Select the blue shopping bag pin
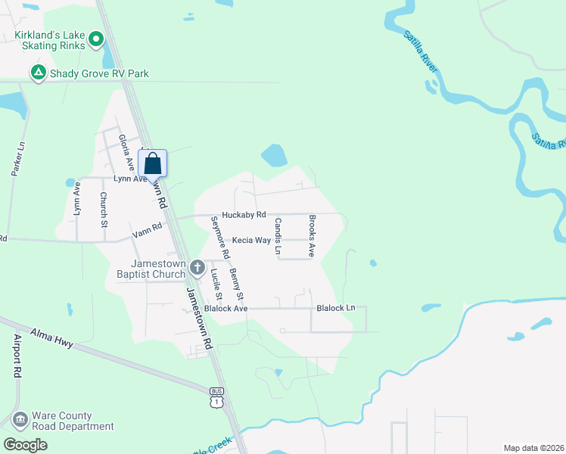point(152,163)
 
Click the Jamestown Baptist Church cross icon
point(197,266)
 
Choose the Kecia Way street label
point(251,240)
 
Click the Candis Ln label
point(278,236)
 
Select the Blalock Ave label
point(225,309)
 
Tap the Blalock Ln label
point(335,308)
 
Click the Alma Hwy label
point(51,337)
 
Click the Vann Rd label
point(146,227)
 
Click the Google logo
point(25,444)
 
